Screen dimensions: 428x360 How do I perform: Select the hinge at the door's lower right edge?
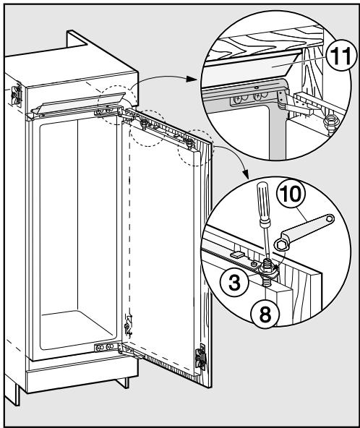coord(200,359)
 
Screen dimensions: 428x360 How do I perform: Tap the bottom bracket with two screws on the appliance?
coord(106,347)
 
